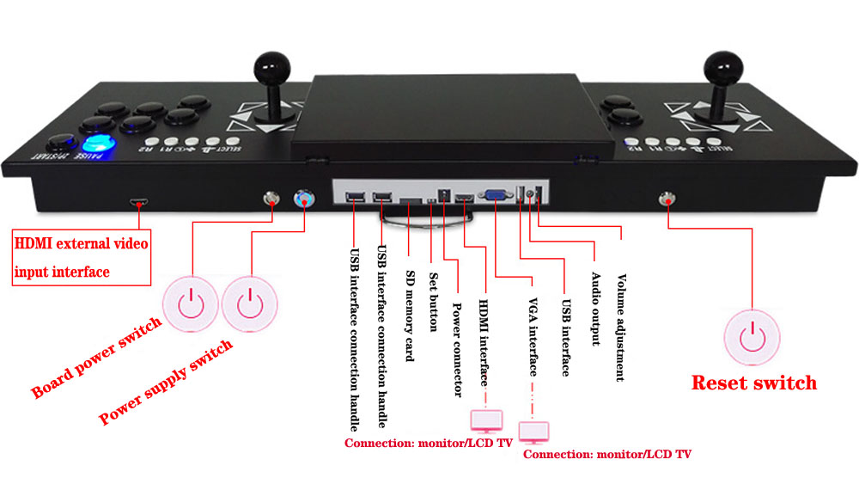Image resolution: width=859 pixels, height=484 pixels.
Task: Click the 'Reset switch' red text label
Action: coord(753,383)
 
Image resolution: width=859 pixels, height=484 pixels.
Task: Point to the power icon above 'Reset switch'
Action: coord(752,336)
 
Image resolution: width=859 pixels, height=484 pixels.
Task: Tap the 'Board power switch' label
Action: coord(96,358)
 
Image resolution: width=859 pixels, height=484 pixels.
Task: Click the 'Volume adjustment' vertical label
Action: coord(620,328)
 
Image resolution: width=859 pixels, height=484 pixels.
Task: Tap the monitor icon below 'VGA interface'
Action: coord(533,431)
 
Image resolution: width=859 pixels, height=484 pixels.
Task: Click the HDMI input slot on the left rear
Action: coord(137,203)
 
